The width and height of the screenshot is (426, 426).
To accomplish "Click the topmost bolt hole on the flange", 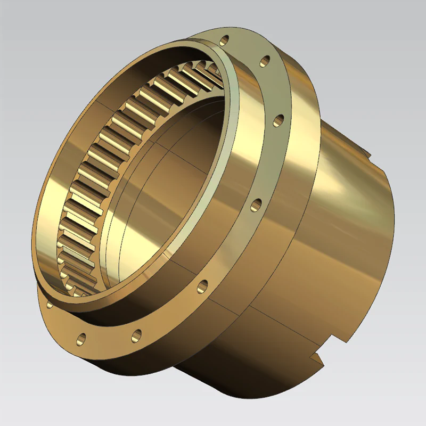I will [225, 39].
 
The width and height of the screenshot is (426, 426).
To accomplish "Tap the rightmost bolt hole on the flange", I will [278, 121].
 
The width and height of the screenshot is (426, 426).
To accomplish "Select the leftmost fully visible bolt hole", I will [81, 338].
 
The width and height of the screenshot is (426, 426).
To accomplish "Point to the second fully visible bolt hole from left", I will [136, 335].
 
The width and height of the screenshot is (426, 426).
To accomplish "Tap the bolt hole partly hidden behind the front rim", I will [50, 305].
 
